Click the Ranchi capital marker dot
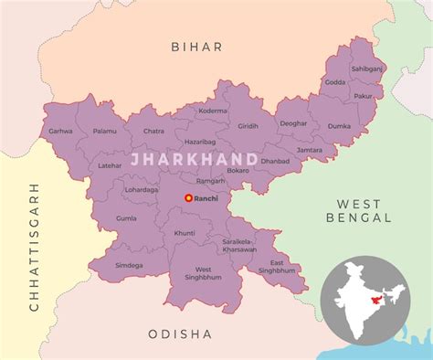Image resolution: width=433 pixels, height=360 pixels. click(188, 197)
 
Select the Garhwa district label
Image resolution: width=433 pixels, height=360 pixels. click(61, 132)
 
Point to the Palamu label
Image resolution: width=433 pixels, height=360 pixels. click(104, 131)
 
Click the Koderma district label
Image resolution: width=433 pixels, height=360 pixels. click(214, 110)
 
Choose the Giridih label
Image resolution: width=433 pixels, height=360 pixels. click(248, 124)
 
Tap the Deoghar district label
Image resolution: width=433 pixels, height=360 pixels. click(293, 122)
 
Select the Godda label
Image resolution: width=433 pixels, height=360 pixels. click(335, 82)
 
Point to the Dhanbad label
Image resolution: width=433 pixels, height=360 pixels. click(274, 162)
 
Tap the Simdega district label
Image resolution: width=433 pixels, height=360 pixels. click(129, 265)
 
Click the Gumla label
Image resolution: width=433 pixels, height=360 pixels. click(126, 219)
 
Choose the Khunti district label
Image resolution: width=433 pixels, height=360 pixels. click(185, 233)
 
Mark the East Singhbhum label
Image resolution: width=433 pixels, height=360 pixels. click(277, 266)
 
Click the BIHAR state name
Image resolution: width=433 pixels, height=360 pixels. click(196, 46)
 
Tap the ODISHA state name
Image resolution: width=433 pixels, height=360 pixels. click(180, 334)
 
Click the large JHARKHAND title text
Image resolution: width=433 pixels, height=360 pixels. click(194, 159)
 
